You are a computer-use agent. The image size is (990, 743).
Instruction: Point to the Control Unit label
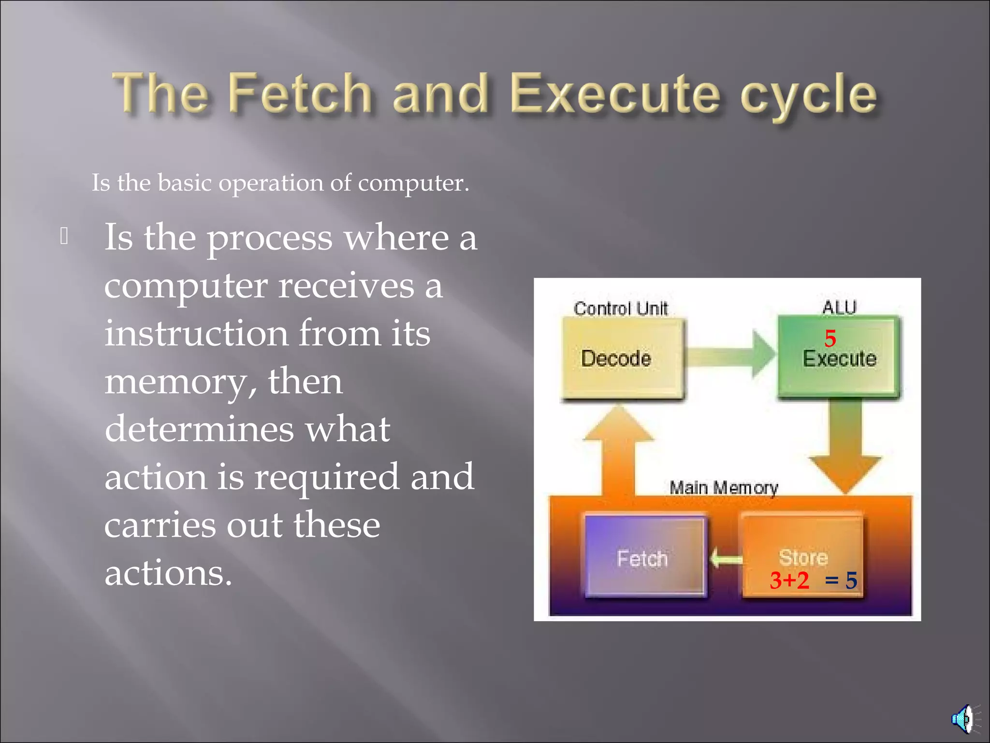(620, 308)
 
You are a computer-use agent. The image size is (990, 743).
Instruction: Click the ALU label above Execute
(839, 307)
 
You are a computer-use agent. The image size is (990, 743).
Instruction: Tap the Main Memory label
(724, 488)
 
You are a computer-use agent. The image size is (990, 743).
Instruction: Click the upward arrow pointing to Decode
(618, 450)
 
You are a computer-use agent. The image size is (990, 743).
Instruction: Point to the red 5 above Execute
(830, 338)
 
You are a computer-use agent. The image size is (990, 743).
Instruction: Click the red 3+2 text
(789, 580)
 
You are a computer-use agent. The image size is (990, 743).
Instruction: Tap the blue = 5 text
(841, 580)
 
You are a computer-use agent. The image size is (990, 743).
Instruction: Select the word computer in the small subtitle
(413, 183)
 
